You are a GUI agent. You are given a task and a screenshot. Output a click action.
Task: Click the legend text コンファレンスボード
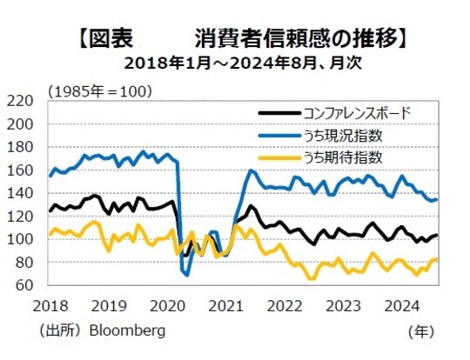click(x=357, y=112)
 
